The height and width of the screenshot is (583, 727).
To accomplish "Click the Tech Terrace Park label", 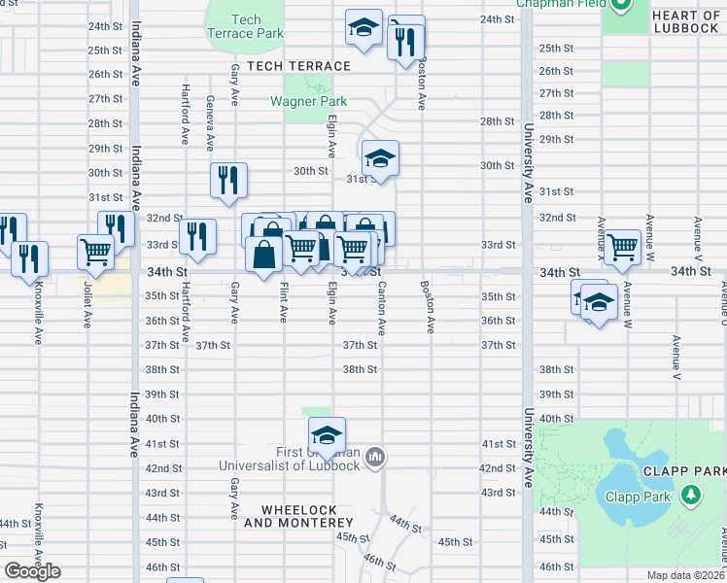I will point(246,26).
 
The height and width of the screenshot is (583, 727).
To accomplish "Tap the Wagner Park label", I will point(308,101).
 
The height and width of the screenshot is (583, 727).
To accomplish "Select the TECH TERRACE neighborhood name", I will point(298,66).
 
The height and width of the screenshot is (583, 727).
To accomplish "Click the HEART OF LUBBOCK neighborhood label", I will point(686,22).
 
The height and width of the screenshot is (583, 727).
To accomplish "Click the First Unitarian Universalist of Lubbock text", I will point(319,459).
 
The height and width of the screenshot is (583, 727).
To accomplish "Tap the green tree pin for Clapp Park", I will point(691,496).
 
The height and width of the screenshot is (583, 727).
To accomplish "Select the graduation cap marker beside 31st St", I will point(381,157).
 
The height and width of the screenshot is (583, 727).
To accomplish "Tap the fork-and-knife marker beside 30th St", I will point(228,180).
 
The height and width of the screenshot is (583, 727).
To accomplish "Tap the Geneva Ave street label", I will point(209,129).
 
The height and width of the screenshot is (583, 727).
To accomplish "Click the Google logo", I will point(32,571).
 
